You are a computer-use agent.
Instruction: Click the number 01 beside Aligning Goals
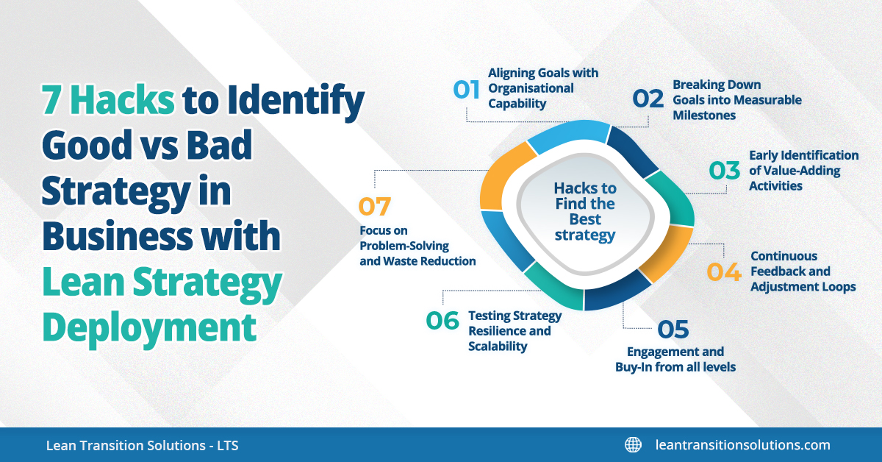(x=465, y=89)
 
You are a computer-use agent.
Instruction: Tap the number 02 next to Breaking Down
(x=649, y=99)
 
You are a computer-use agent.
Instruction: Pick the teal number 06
(x=442, y=321)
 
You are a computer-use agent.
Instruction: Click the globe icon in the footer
(x=633, y=444)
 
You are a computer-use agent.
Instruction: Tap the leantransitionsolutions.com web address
(x=742, y=444)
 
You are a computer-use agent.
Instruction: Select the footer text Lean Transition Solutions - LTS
(x=142, y=445)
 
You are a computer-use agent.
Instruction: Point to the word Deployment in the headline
(x=149, y=326)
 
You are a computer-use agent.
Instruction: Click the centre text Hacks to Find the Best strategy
(x=585, y=212)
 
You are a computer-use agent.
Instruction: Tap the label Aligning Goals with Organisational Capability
(x=543, y=88)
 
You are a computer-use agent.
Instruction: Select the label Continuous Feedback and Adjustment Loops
(x=803, y=271)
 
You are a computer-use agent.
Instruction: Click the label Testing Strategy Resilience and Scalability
(x=514, y=331)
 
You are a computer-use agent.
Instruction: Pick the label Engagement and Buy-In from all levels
(x=675, y=359)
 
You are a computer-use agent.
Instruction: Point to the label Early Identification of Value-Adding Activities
(x=803, y=171)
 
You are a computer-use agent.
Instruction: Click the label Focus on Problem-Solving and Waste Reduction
(x=417, y=246)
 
